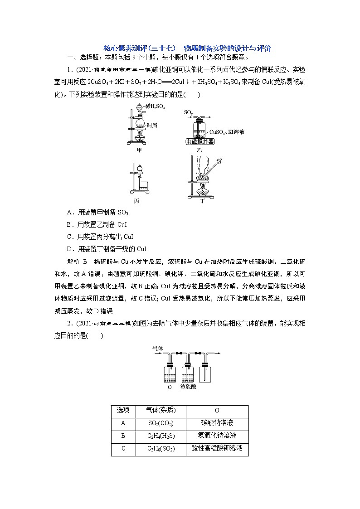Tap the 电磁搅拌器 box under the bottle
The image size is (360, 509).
pyautogui.click(x=199, y=141)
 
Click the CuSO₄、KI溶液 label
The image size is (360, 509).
pyautogui.click(x=227, y=132)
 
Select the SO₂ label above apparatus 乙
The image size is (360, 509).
pyautogui.click(x=189, y=111)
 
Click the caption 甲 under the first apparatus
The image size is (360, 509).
pyautogui.click(x=139, y=150)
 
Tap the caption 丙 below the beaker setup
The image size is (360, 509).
pyautogui.click(x=136, y=201)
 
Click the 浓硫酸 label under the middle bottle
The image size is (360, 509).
pyautogui.click(x=188, y=387)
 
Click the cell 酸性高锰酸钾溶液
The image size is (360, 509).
pyautogui.click(x=217, y=449)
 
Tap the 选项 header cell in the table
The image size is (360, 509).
pyautogui.click(x=123, y=411)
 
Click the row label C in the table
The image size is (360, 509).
pyautogui.click(x=123, y=449)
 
